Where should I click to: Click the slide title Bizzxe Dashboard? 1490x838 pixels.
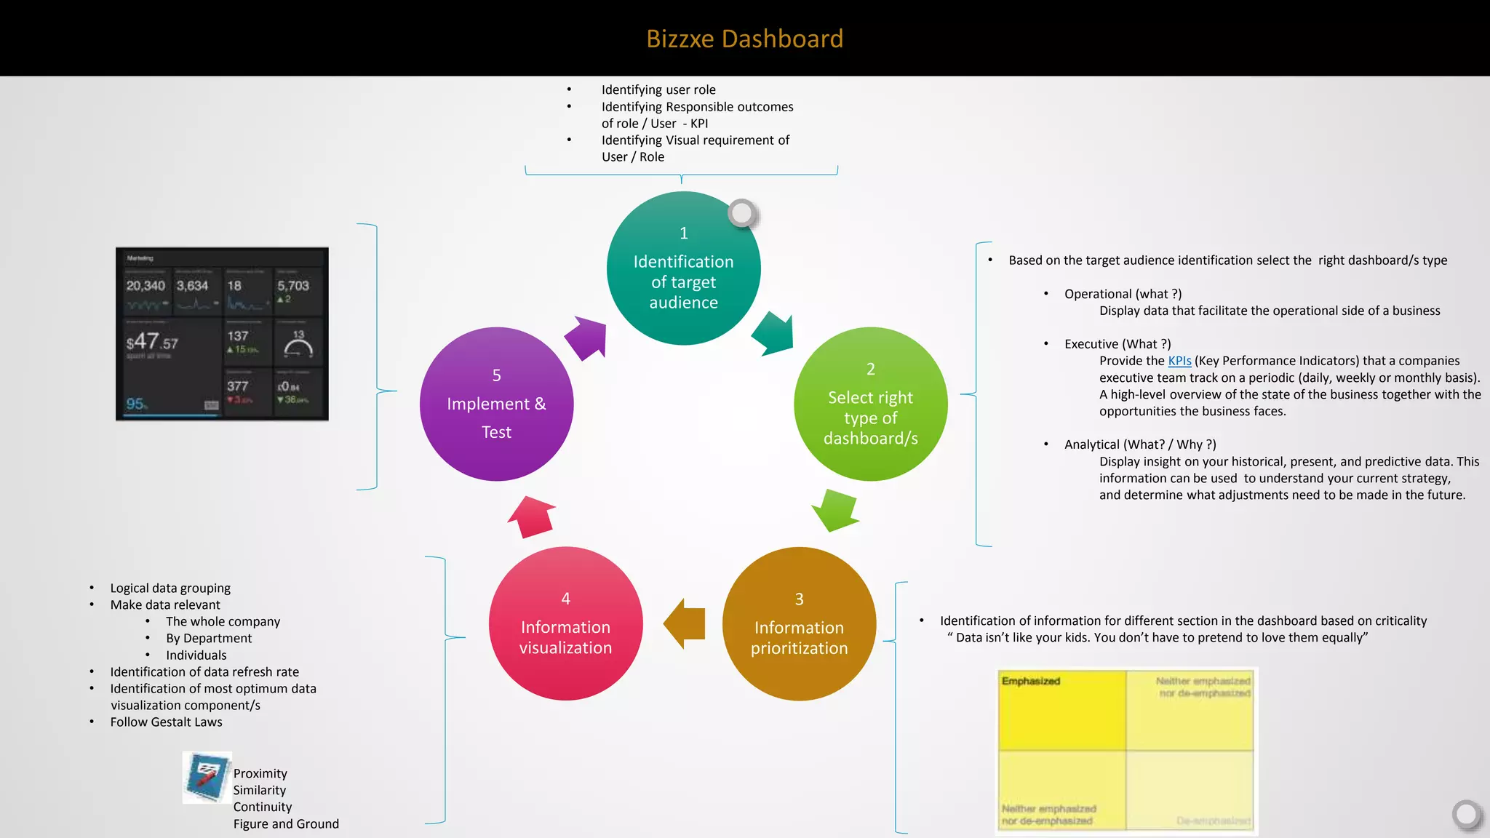pos(744,39)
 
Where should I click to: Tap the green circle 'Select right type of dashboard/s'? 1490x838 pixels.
pos(870,404)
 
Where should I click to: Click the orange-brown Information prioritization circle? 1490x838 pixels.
pos(799,624)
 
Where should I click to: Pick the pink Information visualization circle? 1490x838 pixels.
pos(565,624)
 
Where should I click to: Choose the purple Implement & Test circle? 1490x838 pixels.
pos(496,404)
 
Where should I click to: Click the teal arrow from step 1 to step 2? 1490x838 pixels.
pos(773,334)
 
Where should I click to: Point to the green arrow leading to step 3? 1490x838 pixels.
pos(835,510)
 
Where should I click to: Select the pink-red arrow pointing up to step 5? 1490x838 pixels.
pos(533,516)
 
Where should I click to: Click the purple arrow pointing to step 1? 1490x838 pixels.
pos(586,338)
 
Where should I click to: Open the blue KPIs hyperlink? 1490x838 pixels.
pos(1179,361)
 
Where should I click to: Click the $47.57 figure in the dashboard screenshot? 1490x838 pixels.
pos(152,342)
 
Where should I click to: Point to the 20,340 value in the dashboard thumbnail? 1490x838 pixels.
pos(146,286)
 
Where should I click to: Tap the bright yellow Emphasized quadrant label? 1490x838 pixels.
pos(1031,682)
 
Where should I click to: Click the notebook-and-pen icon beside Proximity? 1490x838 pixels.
pos(207,777)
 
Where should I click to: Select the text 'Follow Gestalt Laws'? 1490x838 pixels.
pos(166,722)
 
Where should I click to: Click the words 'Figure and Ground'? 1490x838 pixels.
pos(286,824)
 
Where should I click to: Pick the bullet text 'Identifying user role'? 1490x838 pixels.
pos(658,90)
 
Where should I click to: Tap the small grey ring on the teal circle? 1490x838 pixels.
pos(741,213)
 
